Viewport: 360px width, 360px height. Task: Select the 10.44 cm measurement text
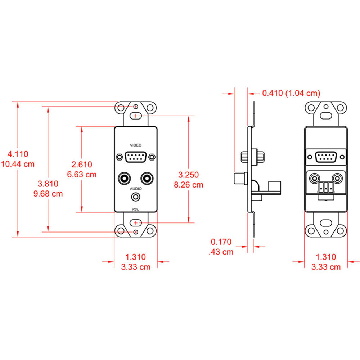point(18,164)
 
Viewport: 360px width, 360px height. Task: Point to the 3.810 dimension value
point(48,184)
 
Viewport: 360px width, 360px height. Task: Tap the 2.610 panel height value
point(82,165)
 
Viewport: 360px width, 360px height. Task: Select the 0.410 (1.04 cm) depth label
point(291,93)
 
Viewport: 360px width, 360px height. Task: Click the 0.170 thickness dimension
point(221,242)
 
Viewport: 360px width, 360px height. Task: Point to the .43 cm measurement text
point(221,252)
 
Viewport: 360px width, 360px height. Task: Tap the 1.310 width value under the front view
point(135,257)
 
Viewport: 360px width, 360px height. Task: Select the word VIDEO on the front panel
point(136,145)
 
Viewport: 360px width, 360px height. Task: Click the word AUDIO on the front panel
point(136,188)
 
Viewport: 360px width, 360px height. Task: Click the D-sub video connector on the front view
point(136,157)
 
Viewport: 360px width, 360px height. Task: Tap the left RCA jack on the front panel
point(124,177)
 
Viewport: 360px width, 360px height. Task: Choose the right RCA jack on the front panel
point(147,177)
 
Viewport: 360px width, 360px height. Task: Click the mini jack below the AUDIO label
point(135,197)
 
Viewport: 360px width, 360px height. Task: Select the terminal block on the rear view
point(325,188)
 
